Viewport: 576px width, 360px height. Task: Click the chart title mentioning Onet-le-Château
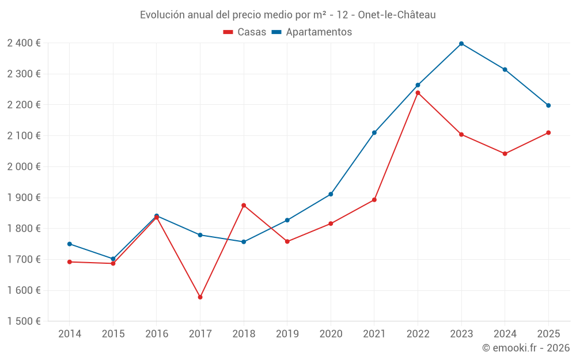tap(287, 14)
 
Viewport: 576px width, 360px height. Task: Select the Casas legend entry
tap(245, 32)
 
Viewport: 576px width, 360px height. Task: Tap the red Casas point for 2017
tap(200, 297)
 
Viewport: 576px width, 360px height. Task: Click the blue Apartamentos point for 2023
tap(461, 44)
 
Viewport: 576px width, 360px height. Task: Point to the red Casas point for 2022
tap(418, 93)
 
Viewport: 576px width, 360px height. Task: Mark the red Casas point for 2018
tap(244, 205)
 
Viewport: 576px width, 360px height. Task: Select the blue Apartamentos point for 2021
tap(374, 132)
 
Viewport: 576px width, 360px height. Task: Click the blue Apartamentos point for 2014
tap(70, 244)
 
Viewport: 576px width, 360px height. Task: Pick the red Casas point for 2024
tap(505, 154)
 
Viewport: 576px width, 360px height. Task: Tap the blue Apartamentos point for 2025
tap(548, 105)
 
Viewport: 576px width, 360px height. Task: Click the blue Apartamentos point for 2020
tap(331, 194)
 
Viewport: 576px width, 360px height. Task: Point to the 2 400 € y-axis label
tap(24, 43)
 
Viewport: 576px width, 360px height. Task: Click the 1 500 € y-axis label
tap(24, 321)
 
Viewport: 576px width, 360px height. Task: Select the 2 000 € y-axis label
tap(24, 166)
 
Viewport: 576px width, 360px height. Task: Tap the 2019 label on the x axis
tap(287, 334)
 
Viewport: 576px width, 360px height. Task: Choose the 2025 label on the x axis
tap(548, 334)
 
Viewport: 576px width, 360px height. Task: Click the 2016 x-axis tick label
tap(157, 334)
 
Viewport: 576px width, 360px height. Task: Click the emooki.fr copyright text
tap(525, 348)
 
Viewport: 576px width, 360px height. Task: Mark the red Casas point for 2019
tap(287, 241)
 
